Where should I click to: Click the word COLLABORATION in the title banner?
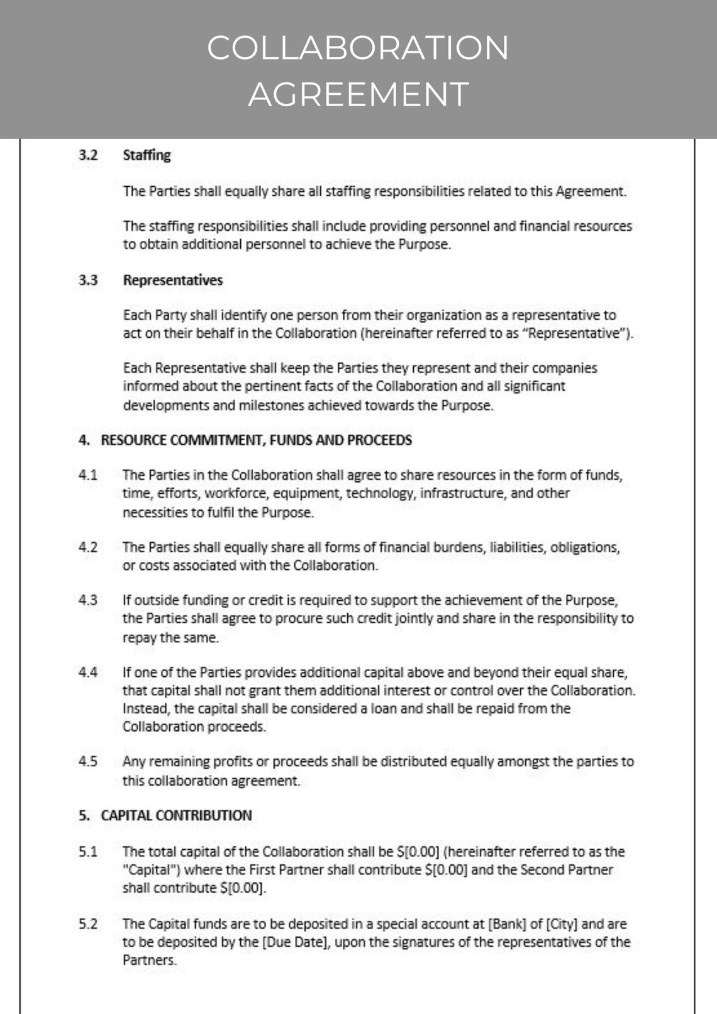pos(358,48)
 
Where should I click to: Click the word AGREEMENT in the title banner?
pos(358,94)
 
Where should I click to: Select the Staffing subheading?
pos(147,155)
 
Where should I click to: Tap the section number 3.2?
pos(88,155)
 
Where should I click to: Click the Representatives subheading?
pos(172,280)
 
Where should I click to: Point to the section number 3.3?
pos(88,280)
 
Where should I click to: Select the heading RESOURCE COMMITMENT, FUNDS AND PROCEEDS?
pos(256,440)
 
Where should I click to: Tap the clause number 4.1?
pos(88,475)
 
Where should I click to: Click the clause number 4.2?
pos(88,547)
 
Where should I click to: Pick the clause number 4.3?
pos(88,600)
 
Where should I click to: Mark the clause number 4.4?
pos(88,672)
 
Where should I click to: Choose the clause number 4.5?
pos(88,762)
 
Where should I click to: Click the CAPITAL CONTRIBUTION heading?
pos(176,816)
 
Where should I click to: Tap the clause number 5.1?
pos(88,852)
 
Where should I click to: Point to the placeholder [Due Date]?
pos(293,942)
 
